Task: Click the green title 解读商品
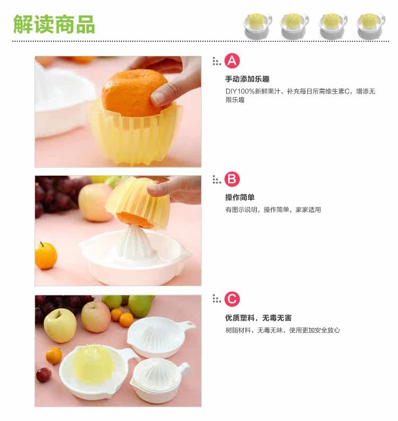click(x=54, y=24)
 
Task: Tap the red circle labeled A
click(x=232, y=61)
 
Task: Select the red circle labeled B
click(x=232, y=179)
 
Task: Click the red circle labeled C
click(x=232, y=299)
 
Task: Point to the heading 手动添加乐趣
click(x=247, y=79)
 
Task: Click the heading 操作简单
click(x=240, y=197)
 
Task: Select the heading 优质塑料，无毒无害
click(x=258, y=318)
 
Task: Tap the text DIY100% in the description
click(x=240, y=91)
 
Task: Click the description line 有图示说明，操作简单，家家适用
click(x=273, y=210)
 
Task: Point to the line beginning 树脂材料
click(x=282, y=330)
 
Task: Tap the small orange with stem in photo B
click(x=46, y=255)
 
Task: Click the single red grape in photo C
click(x=44, y=375)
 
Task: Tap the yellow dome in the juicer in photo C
click(x=92, y=363)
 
